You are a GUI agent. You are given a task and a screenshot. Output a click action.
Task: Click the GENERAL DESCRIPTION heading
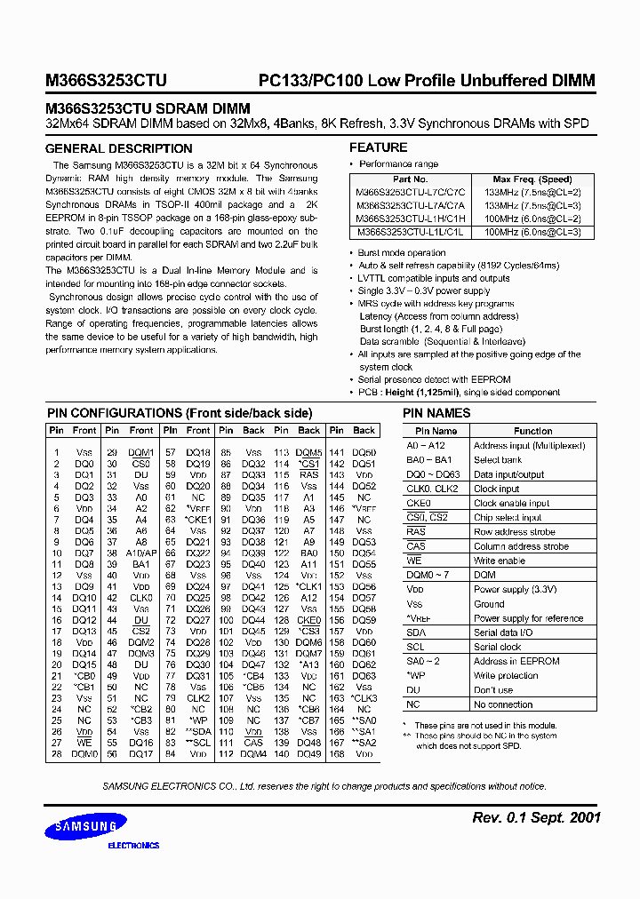pyautogui.click(x=118, y=149)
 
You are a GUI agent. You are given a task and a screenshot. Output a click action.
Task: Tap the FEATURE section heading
pyautogui.click(x=378, y=147)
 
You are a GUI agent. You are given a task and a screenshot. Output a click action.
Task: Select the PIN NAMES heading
pyautogui.click(x=436, y=413)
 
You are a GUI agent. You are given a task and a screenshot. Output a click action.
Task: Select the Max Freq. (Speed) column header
pyautogui.click(x=532, y=179)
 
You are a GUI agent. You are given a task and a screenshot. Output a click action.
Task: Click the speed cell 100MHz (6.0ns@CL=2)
pyautogui.click(x=532, y=219)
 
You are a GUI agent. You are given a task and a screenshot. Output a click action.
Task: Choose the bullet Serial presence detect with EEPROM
pyautogui.click(x=434, y=379)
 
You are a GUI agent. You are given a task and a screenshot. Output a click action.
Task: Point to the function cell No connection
pyautogui.click(x=503, y=704)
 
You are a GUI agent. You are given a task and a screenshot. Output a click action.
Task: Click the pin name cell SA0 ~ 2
pyautogui.click(x=423, y=661)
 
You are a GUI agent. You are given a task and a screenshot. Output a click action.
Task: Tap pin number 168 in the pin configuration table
pyautogui.click(x=337, y=754)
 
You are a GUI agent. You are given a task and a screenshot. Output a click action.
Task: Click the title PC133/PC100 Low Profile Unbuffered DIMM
pyautogui.click(x=426, y=80)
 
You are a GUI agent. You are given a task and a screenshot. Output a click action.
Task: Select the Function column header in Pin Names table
pyautogui.click(x=532, y=431)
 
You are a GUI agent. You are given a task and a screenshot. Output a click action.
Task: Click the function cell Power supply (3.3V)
pyautogui.click(x=515, y=589)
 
